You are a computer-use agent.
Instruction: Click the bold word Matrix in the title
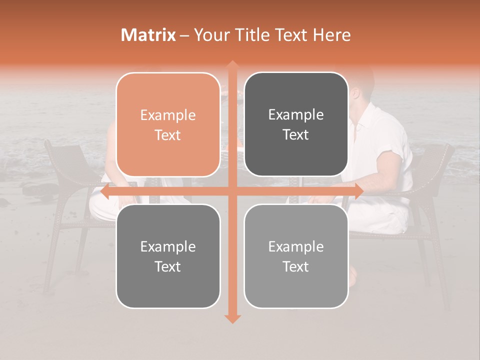coord(148,35)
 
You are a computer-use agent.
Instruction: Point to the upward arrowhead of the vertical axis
coord(232,65)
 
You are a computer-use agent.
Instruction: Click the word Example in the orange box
coord(168,115)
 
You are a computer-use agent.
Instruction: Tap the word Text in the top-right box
coord(296,135)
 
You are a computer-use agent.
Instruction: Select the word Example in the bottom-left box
coord(168,247)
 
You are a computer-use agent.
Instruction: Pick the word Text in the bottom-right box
coord(296,266)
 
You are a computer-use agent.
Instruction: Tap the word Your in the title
coord(209,35)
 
